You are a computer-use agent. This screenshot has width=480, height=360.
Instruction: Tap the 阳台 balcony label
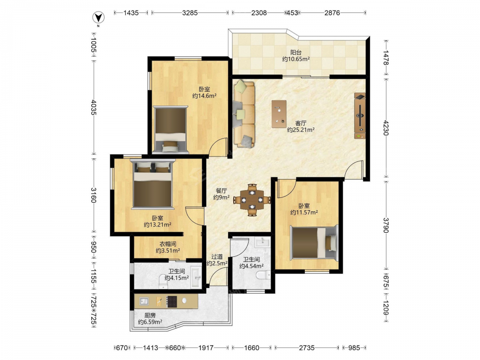tap(296, 52)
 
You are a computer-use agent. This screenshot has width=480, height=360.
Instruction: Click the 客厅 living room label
tap(300, 123)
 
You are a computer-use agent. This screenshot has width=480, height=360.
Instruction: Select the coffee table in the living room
tap(279, 114)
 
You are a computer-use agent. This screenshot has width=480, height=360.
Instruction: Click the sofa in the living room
tap(244, 114)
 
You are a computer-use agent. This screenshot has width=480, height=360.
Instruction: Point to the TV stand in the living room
tap(360, 116)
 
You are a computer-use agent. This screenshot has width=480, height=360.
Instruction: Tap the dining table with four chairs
tap(252, 200)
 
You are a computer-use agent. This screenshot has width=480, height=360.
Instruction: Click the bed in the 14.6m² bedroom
tap(170, 130)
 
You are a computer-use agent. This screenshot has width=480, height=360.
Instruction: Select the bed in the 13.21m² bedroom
tap(153, 184)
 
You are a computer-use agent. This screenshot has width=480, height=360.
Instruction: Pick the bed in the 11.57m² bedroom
tap(314, 242)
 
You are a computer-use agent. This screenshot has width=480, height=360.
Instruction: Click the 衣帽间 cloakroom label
tap(168, 244)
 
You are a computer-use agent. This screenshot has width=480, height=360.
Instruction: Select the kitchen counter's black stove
tap(172, 301)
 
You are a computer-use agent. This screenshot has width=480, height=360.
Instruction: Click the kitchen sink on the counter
tap(144, 301)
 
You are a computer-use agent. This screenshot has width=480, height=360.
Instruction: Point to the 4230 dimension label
tap(385, 128)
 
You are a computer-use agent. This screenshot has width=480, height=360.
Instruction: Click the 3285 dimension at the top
tap(190, 13)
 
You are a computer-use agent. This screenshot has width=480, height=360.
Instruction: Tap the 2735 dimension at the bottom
tap(307, 348)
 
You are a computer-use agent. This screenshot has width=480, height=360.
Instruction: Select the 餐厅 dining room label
tap(221, 191)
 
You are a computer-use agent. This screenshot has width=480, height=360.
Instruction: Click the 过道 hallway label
tap(217, 256)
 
